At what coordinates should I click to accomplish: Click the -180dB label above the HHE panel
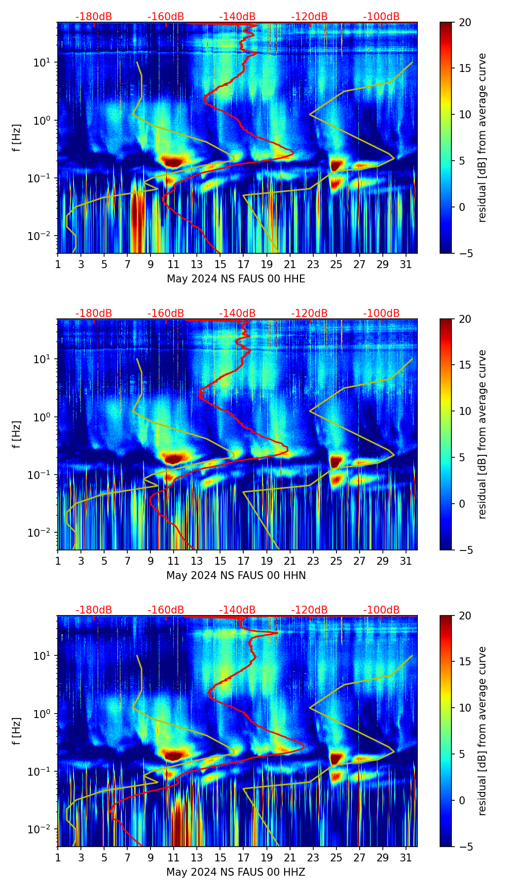(x=94, y=17)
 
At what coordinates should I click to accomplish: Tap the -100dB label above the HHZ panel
(x=381, y=610)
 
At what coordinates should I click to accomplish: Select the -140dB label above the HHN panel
(x=237, y=313)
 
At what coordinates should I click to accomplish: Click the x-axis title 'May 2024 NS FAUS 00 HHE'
(x=236, y=279)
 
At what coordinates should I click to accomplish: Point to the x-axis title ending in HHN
(x=236, y=576)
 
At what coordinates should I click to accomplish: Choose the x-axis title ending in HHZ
(x=236, y=872)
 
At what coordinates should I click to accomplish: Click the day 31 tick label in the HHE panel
(x=406, y=265)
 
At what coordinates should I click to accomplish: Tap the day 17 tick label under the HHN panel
(x=244, y=561)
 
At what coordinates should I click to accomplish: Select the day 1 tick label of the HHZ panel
(x=58, y=858)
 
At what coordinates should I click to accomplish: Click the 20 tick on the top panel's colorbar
(x=465, y=22)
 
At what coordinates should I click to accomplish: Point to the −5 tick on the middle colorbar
(x=465, y=549)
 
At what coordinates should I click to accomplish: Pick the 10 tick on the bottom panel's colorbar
(x=465, y=708)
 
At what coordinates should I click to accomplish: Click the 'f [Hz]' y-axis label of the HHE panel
(x=17, y=138)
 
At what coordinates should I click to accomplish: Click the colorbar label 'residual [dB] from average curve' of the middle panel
(x=482, y=434)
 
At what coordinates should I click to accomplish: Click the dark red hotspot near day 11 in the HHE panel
(x=173, y=162)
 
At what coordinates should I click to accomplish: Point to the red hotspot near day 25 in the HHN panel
(x=336, y=461)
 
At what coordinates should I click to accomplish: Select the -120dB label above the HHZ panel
(x=309, y=610)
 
